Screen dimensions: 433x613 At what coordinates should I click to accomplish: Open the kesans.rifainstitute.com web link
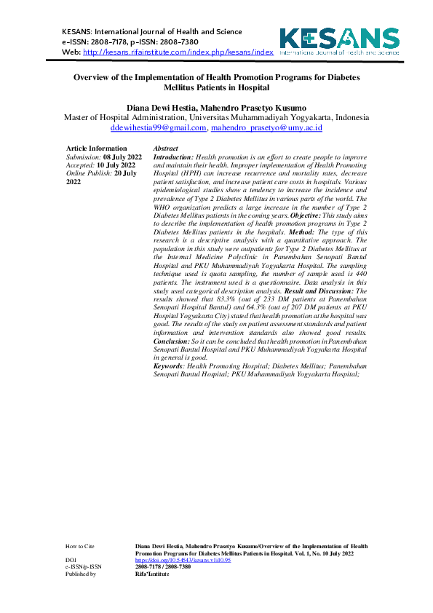178,52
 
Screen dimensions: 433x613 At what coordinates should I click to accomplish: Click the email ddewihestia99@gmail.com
158,127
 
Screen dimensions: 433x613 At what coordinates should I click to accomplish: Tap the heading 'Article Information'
96,149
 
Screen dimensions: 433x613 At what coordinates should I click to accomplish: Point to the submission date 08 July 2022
122,157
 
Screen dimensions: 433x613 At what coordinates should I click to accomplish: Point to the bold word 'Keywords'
169,365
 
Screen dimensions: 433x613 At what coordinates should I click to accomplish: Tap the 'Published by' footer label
81,574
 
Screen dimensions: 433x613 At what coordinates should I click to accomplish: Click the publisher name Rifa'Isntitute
152,574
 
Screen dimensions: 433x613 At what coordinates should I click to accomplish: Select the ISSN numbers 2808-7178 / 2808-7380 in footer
163,566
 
